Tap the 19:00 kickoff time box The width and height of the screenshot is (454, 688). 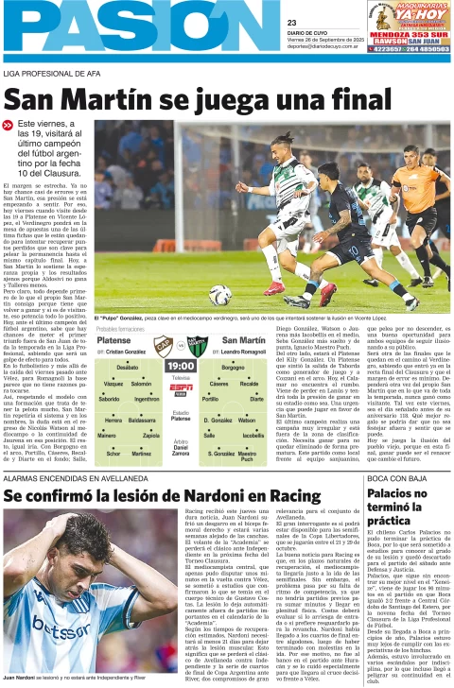[x=180, y=365]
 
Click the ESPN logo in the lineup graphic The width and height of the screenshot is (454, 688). [x=180, y=387]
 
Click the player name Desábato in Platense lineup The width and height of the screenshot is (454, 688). [x=127, y=368]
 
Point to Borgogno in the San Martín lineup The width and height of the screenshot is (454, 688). [x=233, y=368]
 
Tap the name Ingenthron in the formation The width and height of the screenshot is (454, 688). [x=147, y=400]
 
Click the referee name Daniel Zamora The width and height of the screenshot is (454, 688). [x=180, y=450]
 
